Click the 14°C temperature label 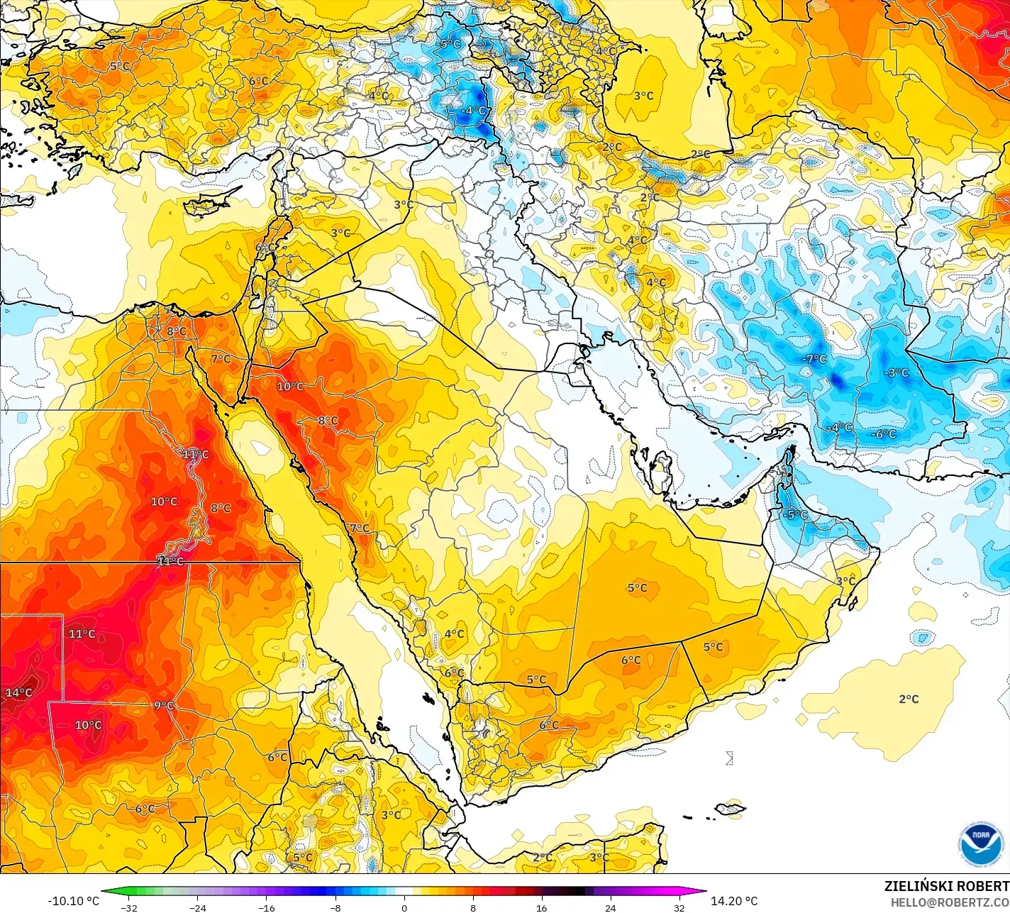19,692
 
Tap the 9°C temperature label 164,705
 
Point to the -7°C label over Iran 814,359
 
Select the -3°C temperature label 896,372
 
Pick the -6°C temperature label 884,433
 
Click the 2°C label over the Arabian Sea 909,699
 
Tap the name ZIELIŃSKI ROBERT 946,886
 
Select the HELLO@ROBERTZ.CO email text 950,902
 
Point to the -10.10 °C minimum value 74,901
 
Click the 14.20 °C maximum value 734,901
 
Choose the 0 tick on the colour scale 404,907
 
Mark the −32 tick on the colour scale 128,907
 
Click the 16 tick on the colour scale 542,907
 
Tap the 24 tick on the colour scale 611,907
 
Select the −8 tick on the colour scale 335,907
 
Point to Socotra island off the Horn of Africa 731,808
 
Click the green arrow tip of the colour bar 104,892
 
